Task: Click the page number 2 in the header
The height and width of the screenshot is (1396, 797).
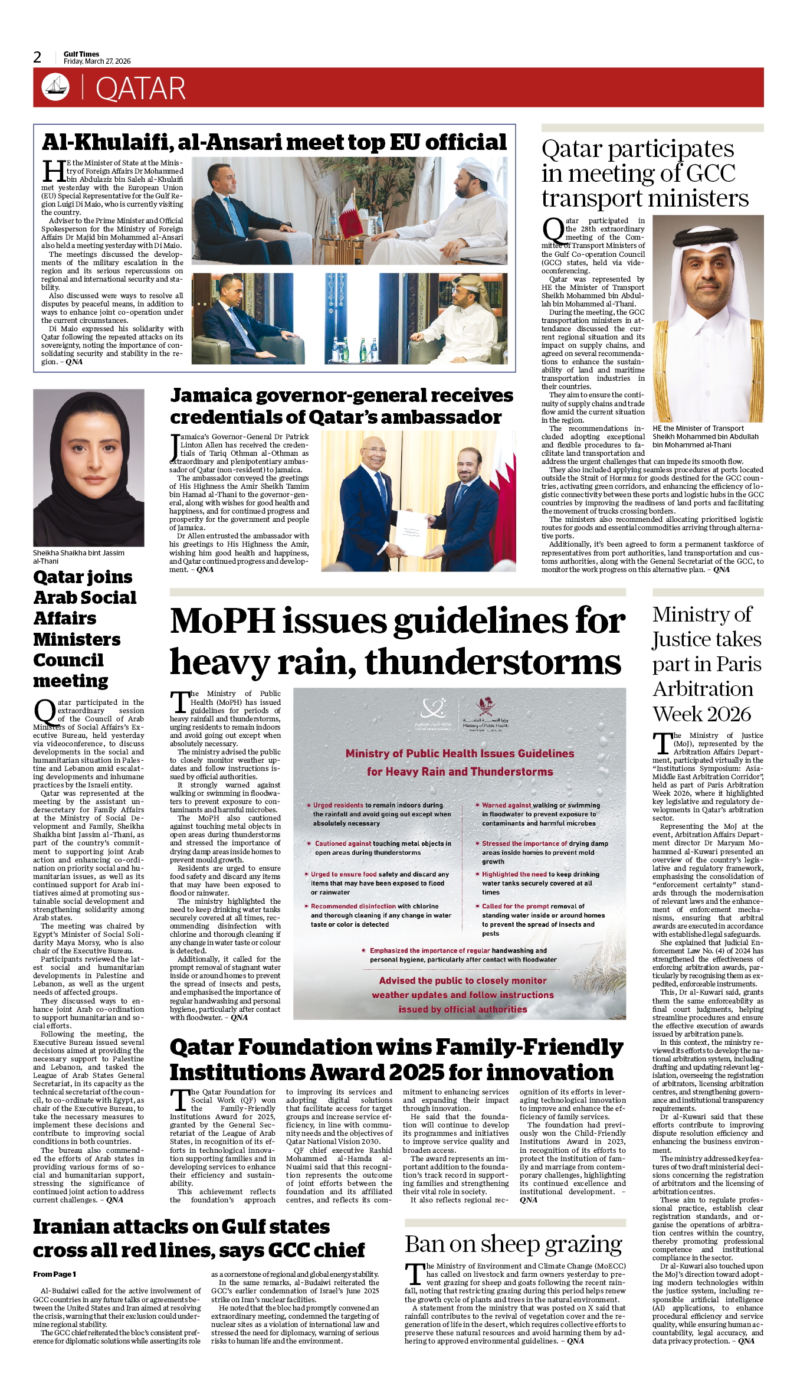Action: (37, 57)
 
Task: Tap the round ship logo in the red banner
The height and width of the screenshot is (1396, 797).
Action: (55, 87)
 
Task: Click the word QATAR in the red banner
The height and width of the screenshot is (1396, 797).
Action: (140, 89)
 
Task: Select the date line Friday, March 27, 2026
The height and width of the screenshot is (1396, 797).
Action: (97, 61)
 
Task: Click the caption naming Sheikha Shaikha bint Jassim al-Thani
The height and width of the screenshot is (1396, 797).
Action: (78, 557)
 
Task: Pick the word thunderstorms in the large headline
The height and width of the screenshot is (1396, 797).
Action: (493, 662)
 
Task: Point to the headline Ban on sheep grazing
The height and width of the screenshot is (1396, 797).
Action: (513, 1244)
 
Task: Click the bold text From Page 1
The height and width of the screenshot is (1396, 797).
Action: (55, 1274)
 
